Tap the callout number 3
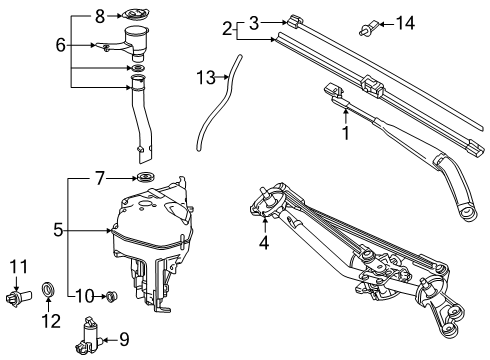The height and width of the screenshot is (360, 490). pyautogui.click(x=254, y=21)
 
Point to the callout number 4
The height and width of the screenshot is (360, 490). pyautogui.click(x=264, y=240)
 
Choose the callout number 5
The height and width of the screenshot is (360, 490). pyautogui.click(x=58, y=229)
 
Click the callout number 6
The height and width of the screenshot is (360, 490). pyautogui.click(x=60, y=45)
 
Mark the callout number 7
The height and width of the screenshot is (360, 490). pyautogui.click(x=100, y=179)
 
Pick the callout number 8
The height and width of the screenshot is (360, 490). pyautogui.click(x=100, y=15)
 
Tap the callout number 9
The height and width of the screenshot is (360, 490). pyautogui.click(x=123, y=339)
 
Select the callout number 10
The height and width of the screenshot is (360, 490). pyautogui.click(x=86, y=295)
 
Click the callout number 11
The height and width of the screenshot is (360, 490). pyautogui.click(x=15, y=266)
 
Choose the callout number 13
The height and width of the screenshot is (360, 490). pyautogui.click(x=205, y=77)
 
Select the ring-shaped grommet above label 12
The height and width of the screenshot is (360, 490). pyautogui.click(x=47, y=292)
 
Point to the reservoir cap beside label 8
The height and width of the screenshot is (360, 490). pyautogui.click(x=133, y=15)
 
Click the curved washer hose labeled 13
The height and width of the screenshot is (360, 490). pyautogui.click(x=216, y=110)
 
